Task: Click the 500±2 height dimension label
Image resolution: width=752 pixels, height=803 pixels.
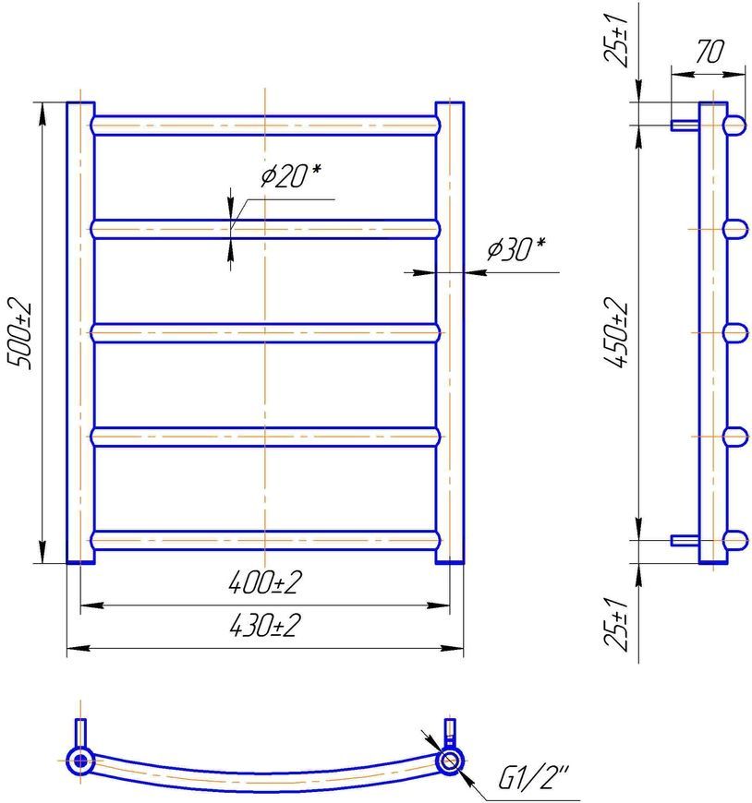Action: click(x=20, y=335)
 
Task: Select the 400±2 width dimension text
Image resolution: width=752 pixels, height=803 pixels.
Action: click(x=264, y=582)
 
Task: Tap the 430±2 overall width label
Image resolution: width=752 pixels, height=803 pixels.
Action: click(x=264, y=625)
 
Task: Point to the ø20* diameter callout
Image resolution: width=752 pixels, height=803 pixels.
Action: click(x=291, y=175)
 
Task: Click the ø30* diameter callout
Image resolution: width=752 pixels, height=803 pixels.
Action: click(x=515, y=249)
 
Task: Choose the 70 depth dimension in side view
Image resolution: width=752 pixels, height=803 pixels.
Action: click(x=710, y=51)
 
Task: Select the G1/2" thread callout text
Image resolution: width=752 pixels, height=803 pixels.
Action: click(x=533, y=778)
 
